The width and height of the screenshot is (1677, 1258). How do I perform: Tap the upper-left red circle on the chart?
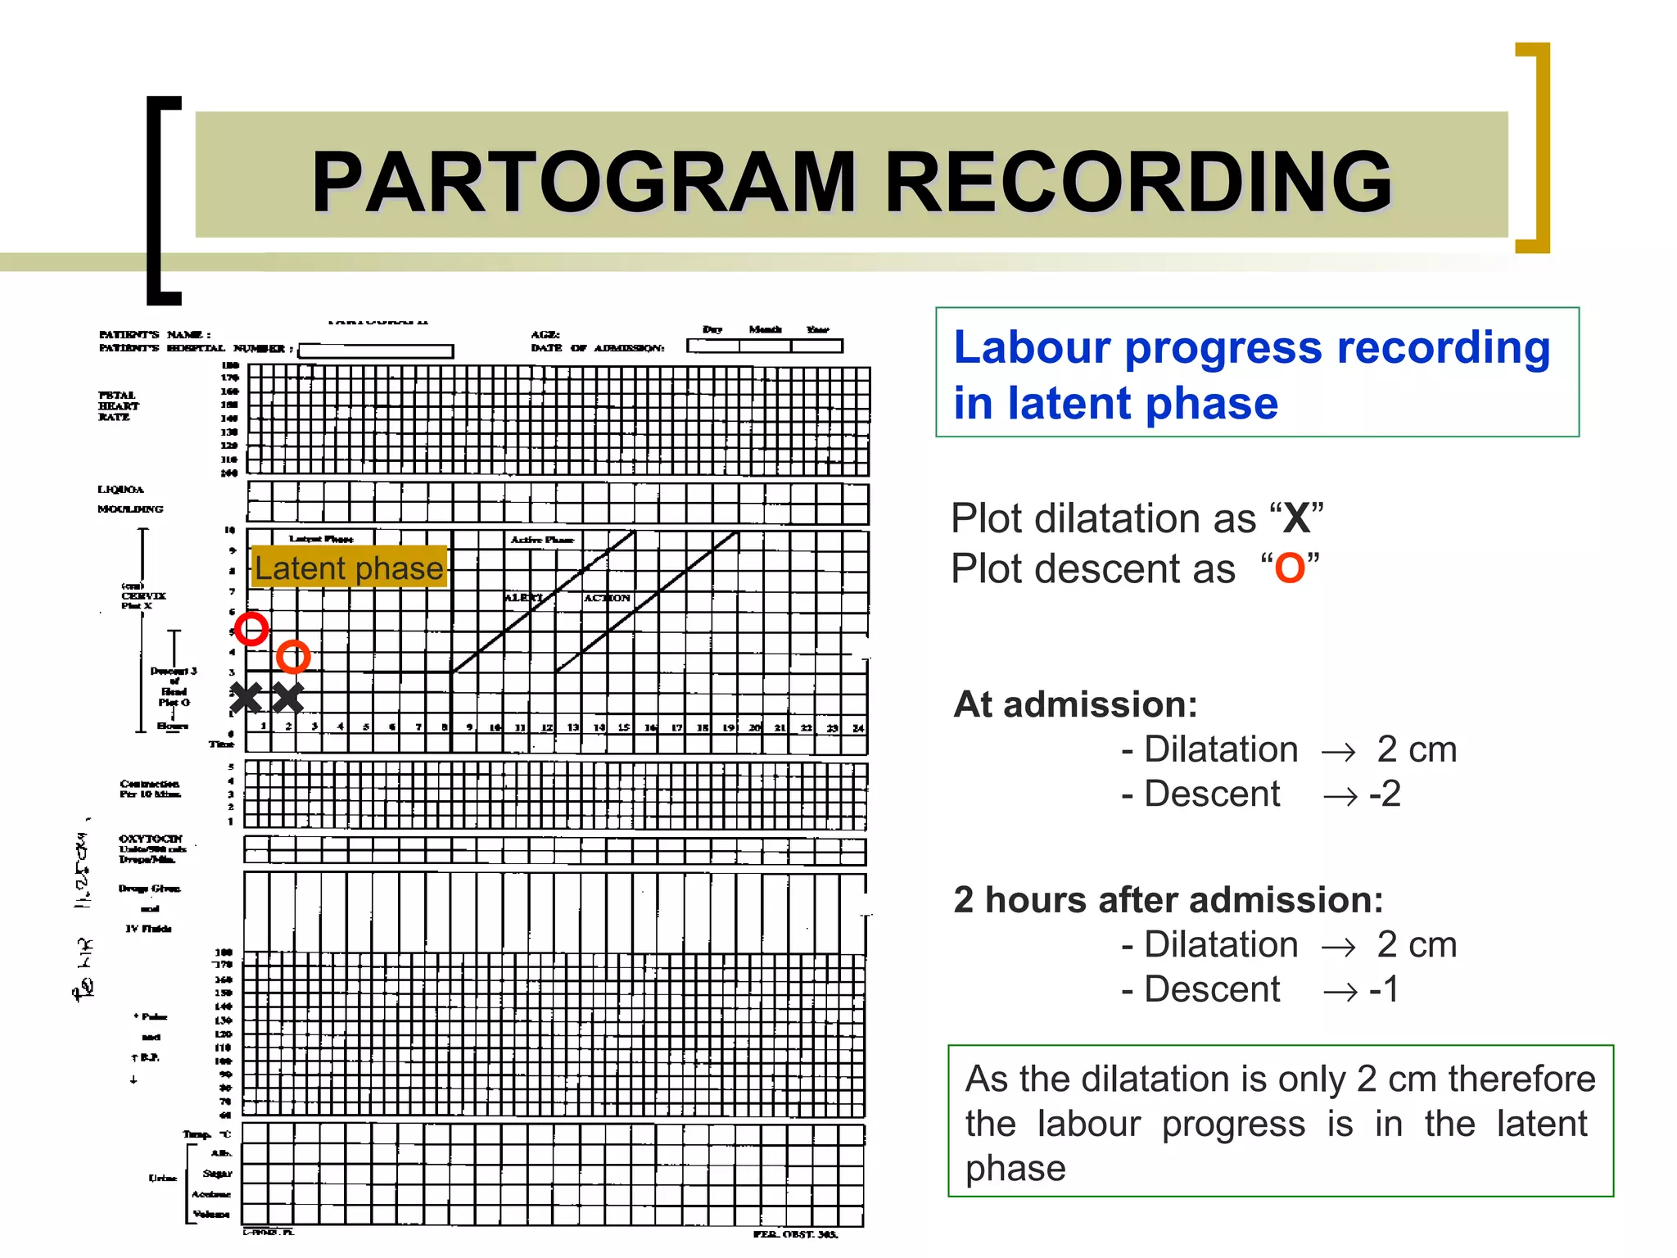(x=251, y=629)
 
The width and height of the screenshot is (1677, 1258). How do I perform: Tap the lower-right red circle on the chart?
(x=293, y=657)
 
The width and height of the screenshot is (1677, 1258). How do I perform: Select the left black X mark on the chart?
(x=246, y=698)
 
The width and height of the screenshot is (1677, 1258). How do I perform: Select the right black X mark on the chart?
(x=287, y=698)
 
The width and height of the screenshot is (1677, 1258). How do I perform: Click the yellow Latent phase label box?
(x=349, y=568)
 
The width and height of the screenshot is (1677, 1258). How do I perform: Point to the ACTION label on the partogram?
(x=607, y=598)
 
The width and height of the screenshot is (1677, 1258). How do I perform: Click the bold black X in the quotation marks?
(x=1296, y=518)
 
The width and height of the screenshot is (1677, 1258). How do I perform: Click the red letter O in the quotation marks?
(x=1290, y=568)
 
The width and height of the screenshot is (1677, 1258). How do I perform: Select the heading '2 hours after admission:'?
(x=1168, y=900)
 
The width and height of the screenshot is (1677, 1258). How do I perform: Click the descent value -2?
(x=1385, y=794)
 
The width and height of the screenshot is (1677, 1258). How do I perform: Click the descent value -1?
(x=1384, y=989)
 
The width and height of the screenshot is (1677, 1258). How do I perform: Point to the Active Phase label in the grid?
(x=542, y=540)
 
